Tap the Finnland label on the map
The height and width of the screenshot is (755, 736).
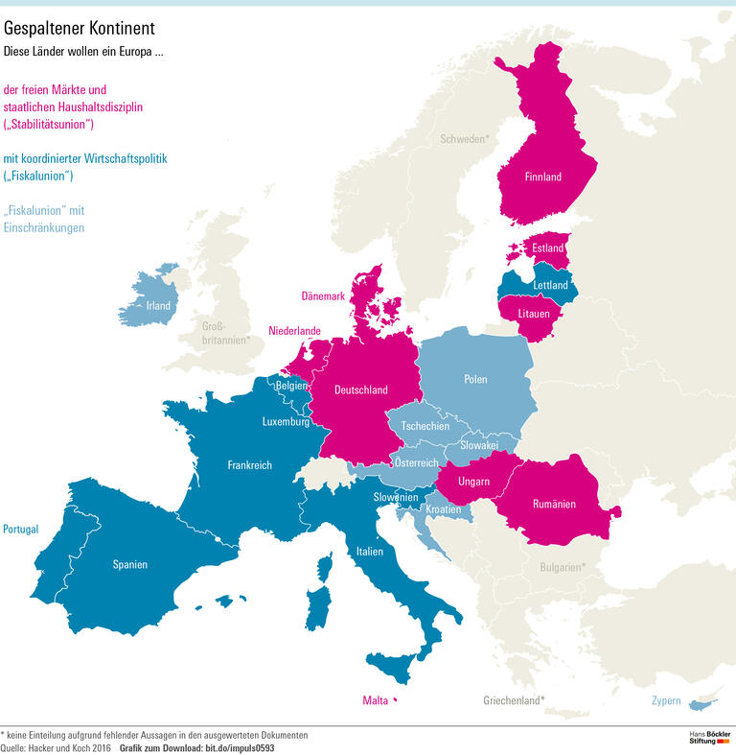(542, 177)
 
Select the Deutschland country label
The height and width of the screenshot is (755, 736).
(360, 389)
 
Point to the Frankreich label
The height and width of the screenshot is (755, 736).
(249, 464)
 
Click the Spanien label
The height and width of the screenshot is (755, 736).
(129, 564)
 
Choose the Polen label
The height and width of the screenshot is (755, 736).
(475, 379)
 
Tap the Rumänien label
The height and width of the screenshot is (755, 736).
(554, 504)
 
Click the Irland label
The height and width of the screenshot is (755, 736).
(158, 306)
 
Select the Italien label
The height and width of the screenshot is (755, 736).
(369, 551)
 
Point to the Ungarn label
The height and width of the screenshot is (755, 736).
(474, 481)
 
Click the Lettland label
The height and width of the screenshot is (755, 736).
(551, 285)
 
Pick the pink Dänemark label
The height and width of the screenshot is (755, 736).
(323, 296)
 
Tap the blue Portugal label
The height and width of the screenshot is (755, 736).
(21, 529)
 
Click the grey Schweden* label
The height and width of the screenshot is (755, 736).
(465, 139)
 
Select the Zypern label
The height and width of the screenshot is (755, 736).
(666, 701)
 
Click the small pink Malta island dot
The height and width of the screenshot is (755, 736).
(395, 700)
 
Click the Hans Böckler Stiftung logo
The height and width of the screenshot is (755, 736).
(709, 740)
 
